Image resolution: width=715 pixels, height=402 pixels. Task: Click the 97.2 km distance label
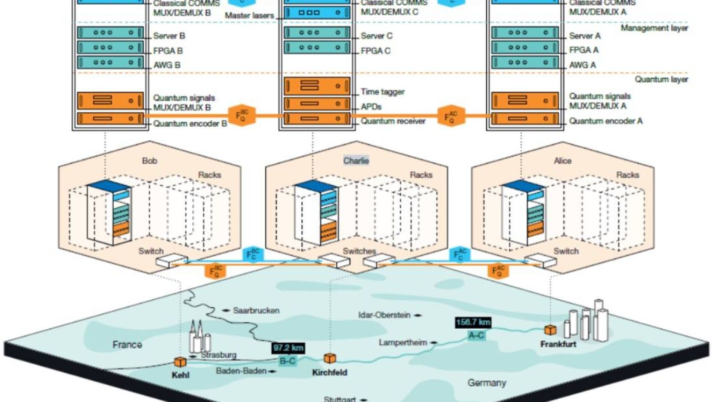point(288,348)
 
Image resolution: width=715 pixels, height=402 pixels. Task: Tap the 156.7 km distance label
point(473,322)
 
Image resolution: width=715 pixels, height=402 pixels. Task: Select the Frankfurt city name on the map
point(558,344)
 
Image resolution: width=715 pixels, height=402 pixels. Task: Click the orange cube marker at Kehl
point(180,362)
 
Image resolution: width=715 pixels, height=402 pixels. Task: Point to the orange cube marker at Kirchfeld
point(330,358)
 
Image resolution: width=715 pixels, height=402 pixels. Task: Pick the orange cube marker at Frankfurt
point(550,330)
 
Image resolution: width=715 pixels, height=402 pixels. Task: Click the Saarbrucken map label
point(256,311)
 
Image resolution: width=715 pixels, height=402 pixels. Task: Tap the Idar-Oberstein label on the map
point(384,315)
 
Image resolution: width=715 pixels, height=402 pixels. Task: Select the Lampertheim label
point(403,343)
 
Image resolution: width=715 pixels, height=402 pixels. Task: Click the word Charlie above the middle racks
point(356,161)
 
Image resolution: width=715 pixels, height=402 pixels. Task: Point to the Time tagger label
point(382,91)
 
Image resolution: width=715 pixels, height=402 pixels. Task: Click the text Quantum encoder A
point(605,121)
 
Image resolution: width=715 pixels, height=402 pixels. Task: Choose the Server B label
point(169,36)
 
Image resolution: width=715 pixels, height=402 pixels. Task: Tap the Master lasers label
point(249,15)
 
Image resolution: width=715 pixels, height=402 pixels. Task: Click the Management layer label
point(654,28)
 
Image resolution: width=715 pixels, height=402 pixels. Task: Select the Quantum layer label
point(661,79)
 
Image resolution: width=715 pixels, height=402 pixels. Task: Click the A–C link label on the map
point(476,335)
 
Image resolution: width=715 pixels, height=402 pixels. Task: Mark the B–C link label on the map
point(288,361)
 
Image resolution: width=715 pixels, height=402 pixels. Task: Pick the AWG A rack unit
point(525,62)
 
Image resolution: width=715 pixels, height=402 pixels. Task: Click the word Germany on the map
point(487,383)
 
